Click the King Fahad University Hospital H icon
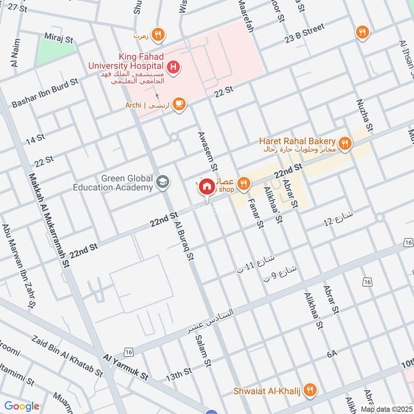[174, 66]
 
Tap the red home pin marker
[207, 187]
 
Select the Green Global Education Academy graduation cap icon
[162, 182]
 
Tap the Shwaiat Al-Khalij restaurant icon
[310, 390]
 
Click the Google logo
[22, 406]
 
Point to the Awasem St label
[207, 151]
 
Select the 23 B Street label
[304, 32]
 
